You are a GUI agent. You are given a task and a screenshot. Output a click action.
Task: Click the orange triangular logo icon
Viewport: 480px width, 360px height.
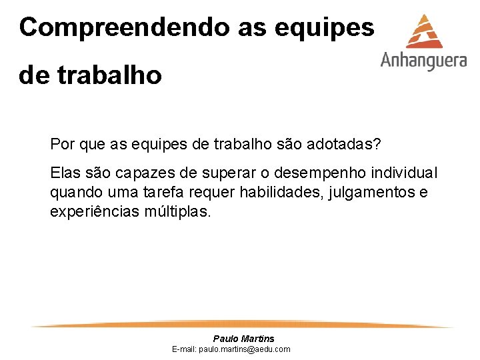424,31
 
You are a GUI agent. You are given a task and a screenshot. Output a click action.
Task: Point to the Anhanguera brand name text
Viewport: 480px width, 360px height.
423,61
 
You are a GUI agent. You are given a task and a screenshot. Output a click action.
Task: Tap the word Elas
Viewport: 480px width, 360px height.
65,173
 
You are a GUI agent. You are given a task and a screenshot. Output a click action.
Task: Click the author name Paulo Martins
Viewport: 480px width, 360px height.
243,339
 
